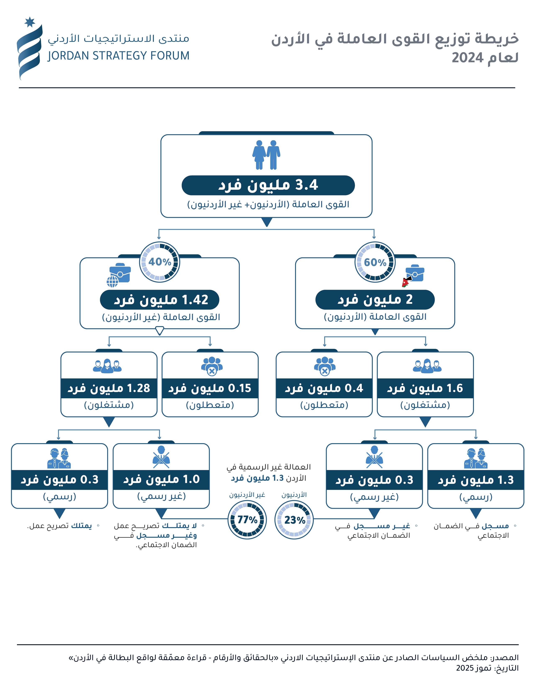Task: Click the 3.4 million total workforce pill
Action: pyautogui.click(x=268, y=185)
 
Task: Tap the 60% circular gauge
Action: pyautogui.click(x=375, y=262)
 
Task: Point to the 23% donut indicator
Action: pyautogui.click(x=294, y=520)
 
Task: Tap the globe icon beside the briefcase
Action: pyautogui.click(x=112, y=281)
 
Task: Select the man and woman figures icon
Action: pyautogui.click(x=266, y=155)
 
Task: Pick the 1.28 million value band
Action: pyautogui.click(x=109, y=388)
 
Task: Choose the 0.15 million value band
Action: pyautogui.click(x=210, y=388)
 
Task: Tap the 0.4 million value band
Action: pyautogui.click(x=324, y=388)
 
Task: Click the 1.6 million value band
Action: pyautogui.click(x=425, y=388)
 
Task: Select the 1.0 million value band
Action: pyautogui.click(x=161, y=480)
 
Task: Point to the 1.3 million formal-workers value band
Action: pyautogui.click(x=475, y=480)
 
